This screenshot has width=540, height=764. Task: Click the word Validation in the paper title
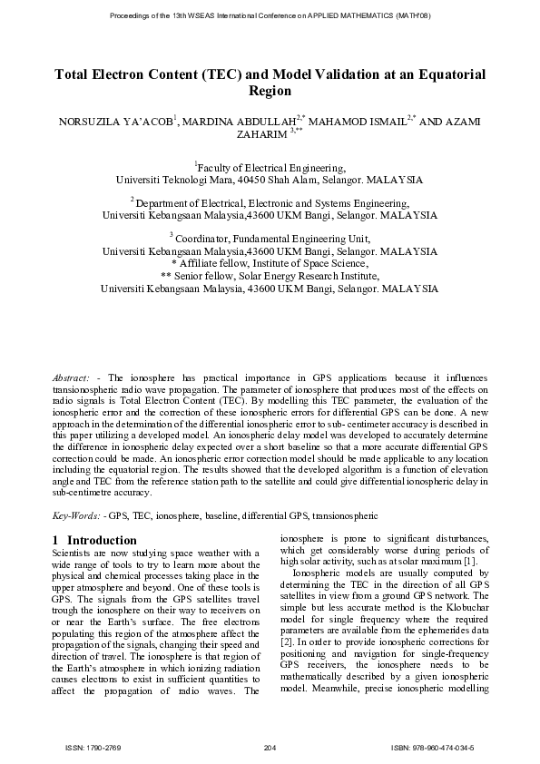point(313,74)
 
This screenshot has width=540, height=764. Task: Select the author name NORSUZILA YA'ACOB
point(123,122)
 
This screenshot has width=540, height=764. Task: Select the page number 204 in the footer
point(270,747)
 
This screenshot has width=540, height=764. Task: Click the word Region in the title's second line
point(270,92)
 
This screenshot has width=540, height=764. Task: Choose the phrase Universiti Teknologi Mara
point(173,180)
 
